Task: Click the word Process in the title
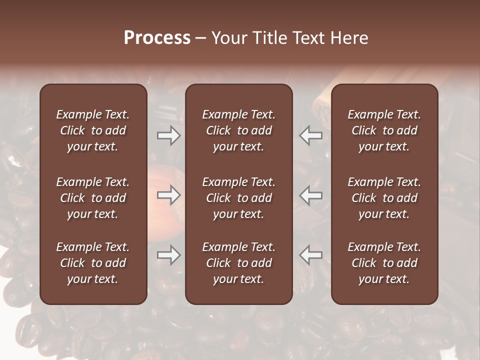[x=157, y=38]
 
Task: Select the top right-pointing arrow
[x=168, y=135]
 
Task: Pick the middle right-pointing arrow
[x=168, y=195]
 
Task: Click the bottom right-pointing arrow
[x=168, y=255]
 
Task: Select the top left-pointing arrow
[x=311, y=135]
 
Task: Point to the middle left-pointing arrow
[x=311, y=195]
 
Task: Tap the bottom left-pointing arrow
[x=311, y=255]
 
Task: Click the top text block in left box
[x=93, y=130]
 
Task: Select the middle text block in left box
[x=93, y=198]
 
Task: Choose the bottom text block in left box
[x=93, y=263]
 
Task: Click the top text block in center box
[x=239, y=130]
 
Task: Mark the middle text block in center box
[x=239, y=198]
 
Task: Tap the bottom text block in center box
[x=239, y=263]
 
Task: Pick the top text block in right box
[x=384, y=130]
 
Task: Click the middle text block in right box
[x=384, y=198]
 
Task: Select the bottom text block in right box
[x=384, y=263]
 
